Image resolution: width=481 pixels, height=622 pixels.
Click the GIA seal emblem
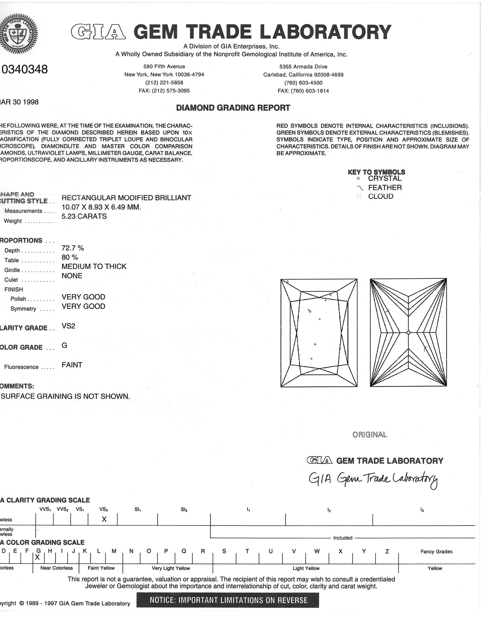pos(18,33)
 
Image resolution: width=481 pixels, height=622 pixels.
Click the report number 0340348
pos(25,69)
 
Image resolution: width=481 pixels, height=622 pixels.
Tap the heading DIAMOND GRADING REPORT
pos(233,108)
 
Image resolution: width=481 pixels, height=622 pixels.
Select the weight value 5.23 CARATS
pos(84,216)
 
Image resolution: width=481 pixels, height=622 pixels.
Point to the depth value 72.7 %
pos(72,248)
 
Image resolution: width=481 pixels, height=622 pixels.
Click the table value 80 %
pos(70,257)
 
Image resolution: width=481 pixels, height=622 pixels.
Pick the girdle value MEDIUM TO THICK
pos(94,267)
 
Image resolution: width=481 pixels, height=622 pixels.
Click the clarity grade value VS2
pos(68,326)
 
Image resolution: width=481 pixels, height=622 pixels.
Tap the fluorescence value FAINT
pos(72,365)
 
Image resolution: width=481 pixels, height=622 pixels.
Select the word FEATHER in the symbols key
pos(384,188)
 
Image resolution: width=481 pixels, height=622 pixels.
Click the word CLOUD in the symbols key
pos(380,196)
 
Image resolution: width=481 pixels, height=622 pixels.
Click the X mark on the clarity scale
pos(104,519)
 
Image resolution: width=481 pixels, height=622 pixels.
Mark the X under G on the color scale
pos(38,557)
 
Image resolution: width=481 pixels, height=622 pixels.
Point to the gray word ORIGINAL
pos(369,435)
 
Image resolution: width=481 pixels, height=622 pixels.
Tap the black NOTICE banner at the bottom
pos(228,600)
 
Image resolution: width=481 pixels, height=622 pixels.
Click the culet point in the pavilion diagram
pos(408,333)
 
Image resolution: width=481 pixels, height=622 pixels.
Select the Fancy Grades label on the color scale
pos(436,551)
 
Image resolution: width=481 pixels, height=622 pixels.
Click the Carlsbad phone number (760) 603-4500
pos(303,83)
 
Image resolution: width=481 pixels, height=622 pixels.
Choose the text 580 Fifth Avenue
pos(164,66)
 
